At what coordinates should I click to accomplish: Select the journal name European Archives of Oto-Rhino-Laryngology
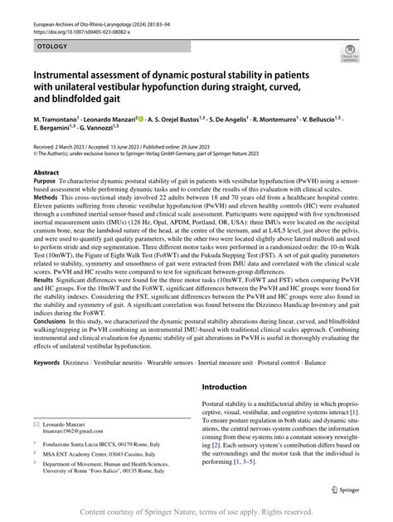click(99, 26)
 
